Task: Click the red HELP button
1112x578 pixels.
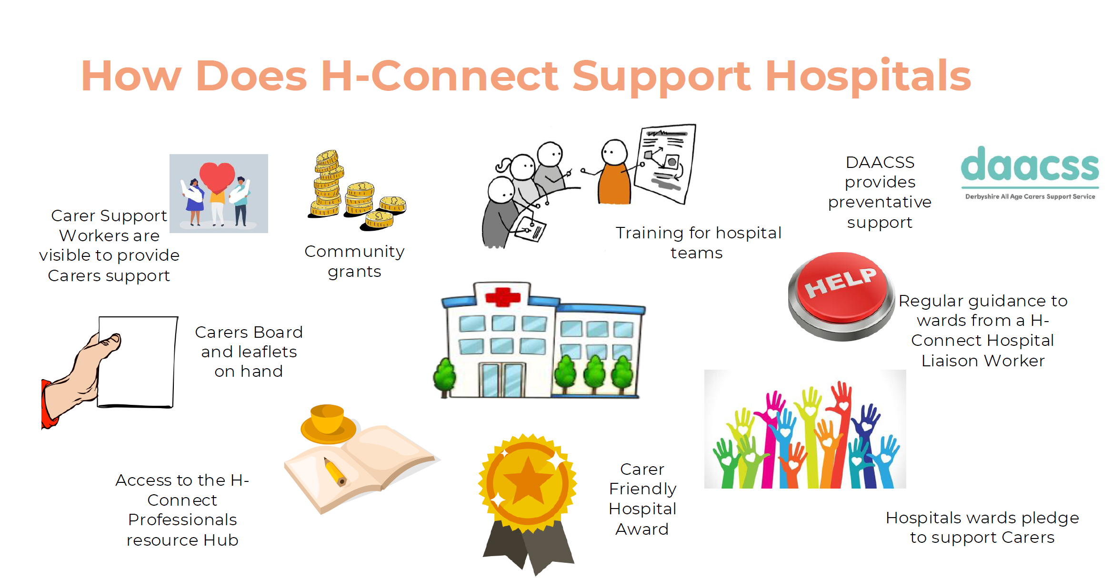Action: click(842, 296)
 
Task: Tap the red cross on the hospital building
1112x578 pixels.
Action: click(502, 297)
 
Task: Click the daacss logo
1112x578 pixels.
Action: click(1030, 173)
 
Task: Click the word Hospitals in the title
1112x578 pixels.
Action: click(868, 76)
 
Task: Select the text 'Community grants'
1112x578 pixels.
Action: click(354, 261)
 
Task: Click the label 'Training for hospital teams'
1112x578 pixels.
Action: click(698, 243)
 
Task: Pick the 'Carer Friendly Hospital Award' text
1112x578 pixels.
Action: click(642, 499)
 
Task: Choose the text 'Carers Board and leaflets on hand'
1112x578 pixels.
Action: click(249, 352)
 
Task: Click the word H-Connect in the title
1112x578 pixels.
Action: click(440, 76)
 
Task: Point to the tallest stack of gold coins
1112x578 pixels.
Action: click(328, 183)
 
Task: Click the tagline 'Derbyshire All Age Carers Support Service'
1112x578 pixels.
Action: click(1030, 196)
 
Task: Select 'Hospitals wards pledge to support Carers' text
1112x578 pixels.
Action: click(982, 528)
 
